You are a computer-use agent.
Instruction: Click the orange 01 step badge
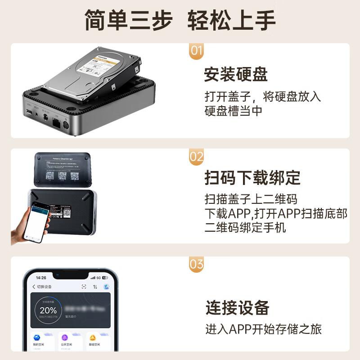pyautogui.click(x=196, y=50)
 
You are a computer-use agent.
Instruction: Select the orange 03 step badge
pyautogui.click(x=196, y=264)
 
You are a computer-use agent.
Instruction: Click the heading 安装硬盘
pyautogui.click(x=236, y=74)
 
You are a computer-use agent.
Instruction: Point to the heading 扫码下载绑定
pyautogui.click(x=252, y=177)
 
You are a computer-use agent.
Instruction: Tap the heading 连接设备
pyautogui.click(x=237, y=307)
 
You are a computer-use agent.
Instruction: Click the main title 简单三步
pyautogui.click(x=129, y=20)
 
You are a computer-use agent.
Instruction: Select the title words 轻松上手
pyautogui.click(x=231, y=20)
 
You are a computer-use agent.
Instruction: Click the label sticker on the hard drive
pyautogui.click(x=99, y=67)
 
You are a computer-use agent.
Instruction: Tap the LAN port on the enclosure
pyautogui.click(x=57, y=121)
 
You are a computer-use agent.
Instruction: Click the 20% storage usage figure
pyautogui.click(x=48, y=310)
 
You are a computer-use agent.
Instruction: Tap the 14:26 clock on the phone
pyautogui.click(x=41, y=277)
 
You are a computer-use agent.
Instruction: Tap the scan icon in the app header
pyautogui.click(x=83, y=287)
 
